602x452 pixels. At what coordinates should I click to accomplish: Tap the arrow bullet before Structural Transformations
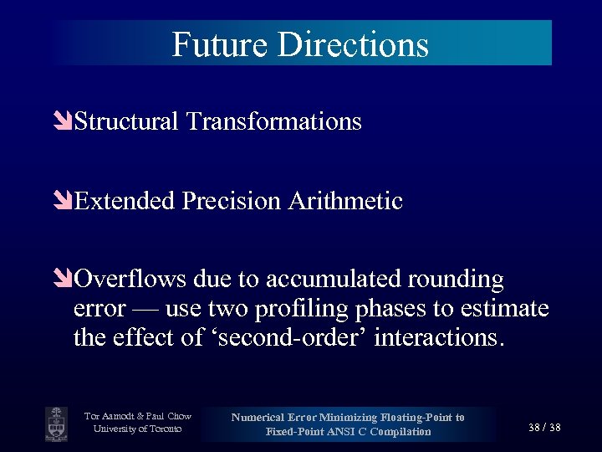click(64, 122)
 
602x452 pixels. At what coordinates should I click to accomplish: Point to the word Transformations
click(274, 122)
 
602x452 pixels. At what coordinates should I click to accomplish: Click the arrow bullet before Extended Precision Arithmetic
click(64, 202)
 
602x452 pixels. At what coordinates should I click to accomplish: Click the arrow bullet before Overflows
click(64, 279)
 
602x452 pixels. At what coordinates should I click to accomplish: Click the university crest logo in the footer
click(57, 424)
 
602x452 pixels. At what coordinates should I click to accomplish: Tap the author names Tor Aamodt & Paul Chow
click(138, 416)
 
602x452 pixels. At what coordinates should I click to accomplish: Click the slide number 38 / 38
click(544, 427)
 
